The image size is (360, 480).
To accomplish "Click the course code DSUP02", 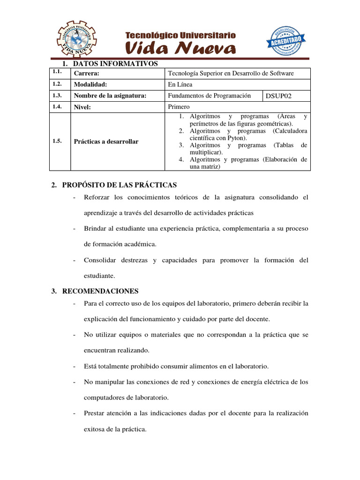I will click(278, 96).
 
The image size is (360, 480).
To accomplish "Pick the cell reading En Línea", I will click(180, 84).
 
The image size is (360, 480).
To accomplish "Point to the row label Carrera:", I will click(87, 73).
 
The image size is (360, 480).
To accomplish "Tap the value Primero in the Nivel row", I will click(179, 107).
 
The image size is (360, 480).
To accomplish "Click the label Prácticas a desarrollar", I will click(106, 142).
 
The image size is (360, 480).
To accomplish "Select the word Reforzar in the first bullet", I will click(97, 197).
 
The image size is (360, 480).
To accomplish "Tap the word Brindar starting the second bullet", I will click(96, 228).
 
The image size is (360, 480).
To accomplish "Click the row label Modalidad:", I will click(90, 84).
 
